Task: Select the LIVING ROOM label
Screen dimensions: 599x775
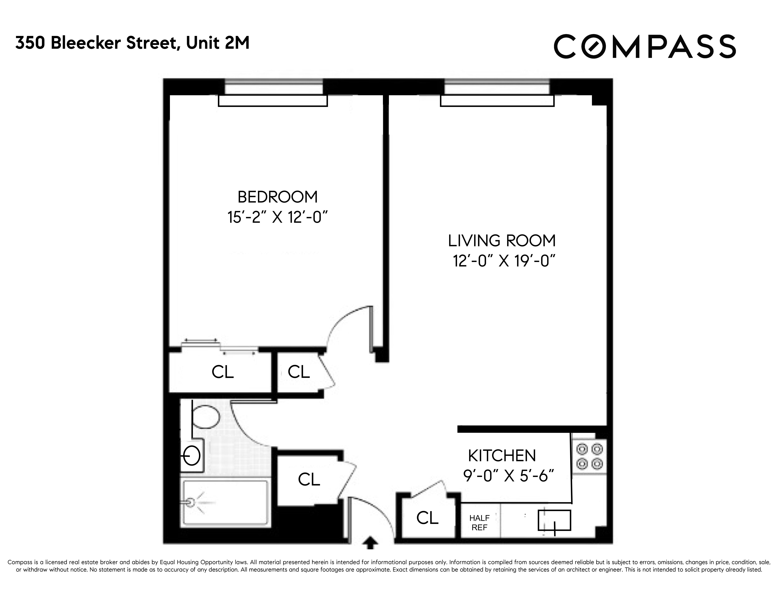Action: tap(502, 241)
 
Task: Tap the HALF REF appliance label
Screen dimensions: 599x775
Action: tap(479, 523)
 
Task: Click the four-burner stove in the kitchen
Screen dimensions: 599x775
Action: tap(589, 456)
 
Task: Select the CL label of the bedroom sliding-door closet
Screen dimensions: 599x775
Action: tap(223, 372)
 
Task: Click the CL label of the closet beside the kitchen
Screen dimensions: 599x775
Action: tap(427, 518)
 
